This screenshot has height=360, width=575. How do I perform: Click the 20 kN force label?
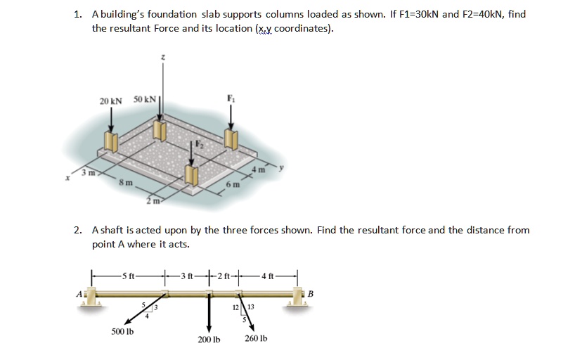click(x=110, y=101)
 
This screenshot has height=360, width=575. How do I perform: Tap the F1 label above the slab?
click(x=229, y=98)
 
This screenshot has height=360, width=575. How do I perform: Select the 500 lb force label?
click(x=122, y=330)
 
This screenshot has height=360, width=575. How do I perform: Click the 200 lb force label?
click(x=209, y=339)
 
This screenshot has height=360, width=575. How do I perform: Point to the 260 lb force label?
click(x=257, y=339)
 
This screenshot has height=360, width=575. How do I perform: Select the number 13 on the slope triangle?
click(x=250, y=307)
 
